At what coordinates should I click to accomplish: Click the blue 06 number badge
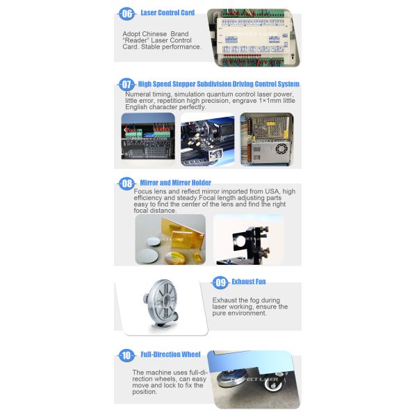[126, 13]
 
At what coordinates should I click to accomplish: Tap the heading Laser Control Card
[167, 13]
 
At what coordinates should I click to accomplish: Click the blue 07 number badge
[126, 85]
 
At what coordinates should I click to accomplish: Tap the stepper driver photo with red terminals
[149, 139]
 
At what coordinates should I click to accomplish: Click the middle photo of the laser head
[208, 139]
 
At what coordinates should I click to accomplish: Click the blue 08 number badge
[126, 183]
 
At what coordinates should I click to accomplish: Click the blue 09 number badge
[220, 283]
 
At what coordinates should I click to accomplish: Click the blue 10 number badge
[126, 355]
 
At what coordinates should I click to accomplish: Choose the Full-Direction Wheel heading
[170, 354]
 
